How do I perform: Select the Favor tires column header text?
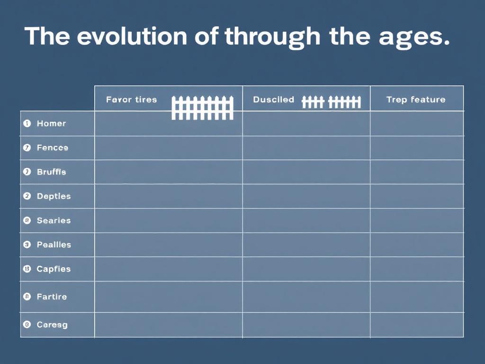click(x=131, y=100)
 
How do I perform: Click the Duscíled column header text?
click(x=273, y=100)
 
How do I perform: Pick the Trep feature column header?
click(x=416, y=100)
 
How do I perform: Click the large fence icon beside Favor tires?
click(x=202, y=108)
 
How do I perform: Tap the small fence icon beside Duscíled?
click(x=331, y=101)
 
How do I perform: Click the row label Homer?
click(x=51, y=124)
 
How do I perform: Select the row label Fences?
click(x=52, y=148)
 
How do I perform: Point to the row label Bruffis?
click(x=51, y=172)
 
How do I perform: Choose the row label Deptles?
click(x=54, y=196)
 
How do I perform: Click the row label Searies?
click(x=54, y=220)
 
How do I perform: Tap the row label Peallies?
click(x=54, y=245)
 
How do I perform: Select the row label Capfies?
click(x=54, y=269)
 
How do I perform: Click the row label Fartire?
click(x=52, y=297)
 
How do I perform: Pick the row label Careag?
click(x=52, y=325)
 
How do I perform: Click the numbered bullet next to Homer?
click(x=27, y=123)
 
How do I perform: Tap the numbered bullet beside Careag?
click(x=27, y=325)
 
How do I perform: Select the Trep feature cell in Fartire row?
click(x=416, y=297)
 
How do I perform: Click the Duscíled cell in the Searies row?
click(x=306, y=220)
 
